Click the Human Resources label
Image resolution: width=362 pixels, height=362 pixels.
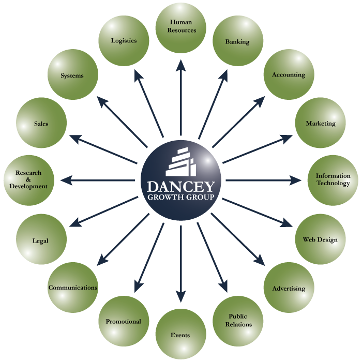183,26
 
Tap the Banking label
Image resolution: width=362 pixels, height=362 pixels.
237,42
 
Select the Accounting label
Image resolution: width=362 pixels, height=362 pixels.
289,75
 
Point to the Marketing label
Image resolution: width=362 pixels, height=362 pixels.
321,124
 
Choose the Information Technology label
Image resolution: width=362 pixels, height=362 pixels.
333,179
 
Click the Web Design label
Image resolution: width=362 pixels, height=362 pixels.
320,240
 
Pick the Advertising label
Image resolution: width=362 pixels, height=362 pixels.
289,289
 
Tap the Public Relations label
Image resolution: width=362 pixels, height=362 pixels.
238,321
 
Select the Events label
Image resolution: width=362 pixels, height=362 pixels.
180,336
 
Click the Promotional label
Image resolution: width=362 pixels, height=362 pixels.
124,322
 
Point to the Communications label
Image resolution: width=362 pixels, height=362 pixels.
73,288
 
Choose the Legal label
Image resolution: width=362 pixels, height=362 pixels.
40,241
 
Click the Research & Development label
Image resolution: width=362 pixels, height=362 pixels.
28,179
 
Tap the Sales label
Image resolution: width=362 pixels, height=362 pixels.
41,124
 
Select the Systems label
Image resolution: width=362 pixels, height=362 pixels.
72,76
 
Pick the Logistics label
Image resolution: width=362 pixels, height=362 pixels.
124,41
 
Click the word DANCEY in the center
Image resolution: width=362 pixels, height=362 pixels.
180,186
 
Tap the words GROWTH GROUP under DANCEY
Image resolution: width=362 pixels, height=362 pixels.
180,197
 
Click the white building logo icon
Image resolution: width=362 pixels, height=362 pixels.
181,162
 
